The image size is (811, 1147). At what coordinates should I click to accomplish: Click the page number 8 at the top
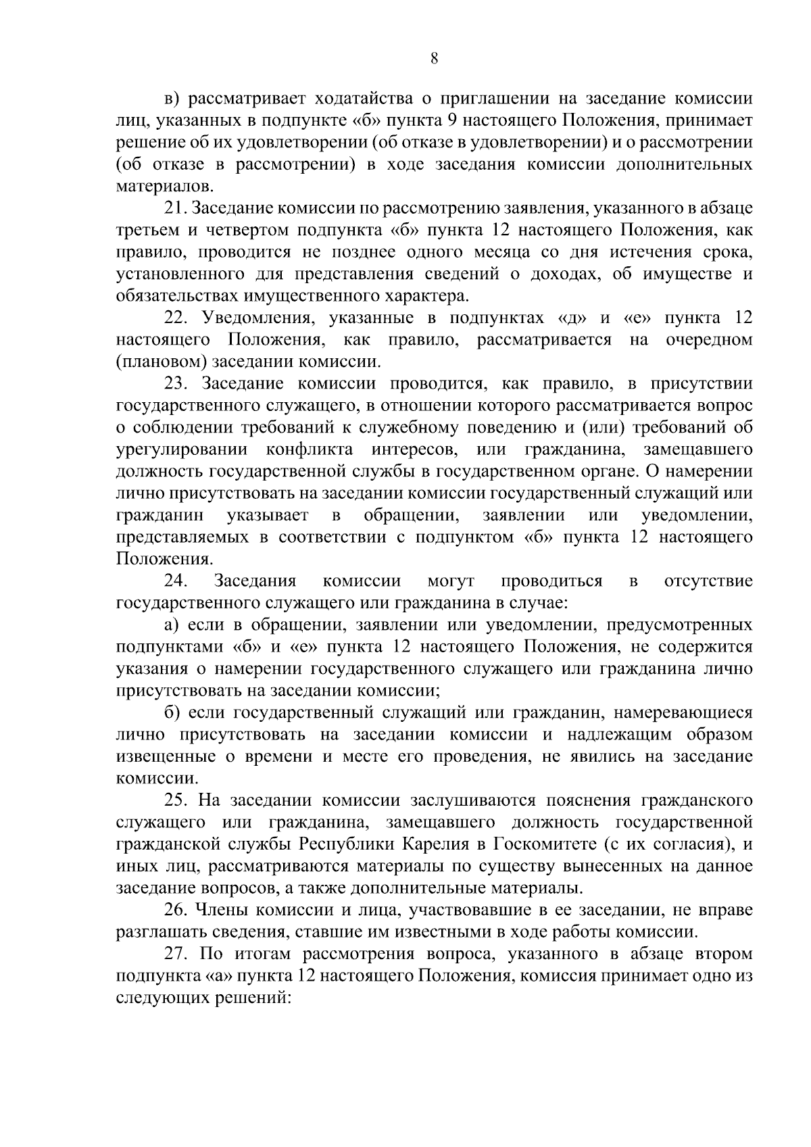coord(434,59)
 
